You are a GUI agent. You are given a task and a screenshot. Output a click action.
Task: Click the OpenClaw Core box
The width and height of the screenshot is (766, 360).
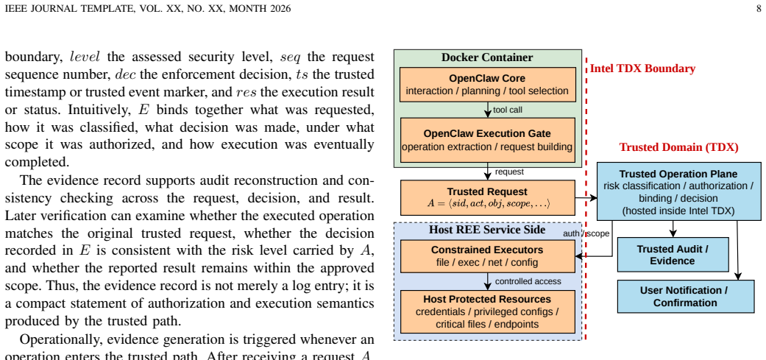[x=488, y=85]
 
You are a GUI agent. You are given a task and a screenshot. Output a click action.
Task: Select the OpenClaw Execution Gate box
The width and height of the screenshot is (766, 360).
[x=488, y=140]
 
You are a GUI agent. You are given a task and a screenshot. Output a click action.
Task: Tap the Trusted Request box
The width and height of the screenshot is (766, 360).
[x=488, y=198]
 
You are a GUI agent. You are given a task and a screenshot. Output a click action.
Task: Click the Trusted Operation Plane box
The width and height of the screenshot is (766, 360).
[x=679, y=191]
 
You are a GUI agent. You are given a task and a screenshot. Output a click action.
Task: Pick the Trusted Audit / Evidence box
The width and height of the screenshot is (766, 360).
[x=673, y=255]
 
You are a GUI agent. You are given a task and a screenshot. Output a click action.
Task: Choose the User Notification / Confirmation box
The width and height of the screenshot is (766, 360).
[x=685, y=296]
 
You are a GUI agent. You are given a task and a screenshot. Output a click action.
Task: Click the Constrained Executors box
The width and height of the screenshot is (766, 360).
[x=488, y=256]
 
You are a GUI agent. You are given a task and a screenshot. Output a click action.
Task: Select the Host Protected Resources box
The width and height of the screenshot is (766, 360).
[x=488, y=311]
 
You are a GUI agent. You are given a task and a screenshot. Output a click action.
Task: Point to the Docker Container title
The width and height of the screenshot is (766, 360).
[x=487, y=57]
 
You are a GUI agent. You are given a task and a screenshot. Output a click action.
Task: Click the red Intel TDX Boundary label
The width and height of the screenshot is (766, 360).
[x=642, y=68]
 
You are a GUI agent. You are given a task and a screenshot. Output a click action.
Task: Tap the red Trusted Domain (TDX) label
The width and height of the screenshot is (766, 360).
[x=679, y=147]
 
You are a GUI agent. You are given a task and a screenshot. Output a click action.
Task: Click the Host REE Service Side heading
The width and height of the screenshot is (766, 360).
[x=487, y=230]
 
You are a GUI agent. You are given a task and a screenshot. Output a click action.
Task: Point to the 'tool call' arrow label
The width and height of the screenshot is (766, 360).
[x=508, y=110]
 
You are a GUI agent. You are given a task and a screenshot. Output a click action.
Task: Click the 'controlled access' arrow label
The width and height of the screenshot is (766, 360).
[x=528, y=281]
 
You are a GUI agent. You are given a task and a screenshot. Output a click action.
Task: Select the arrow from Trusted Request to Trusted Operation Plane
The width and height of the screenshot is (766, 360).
[x=586, y=198]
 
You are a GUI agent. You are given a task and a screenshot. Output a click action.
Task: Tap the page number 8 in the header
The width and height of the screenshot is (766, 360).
[x=759, y=8]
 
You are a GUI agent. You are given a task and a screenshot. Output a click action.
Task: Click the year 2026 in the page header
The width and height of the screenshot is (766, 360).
[x=280, y=8]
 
